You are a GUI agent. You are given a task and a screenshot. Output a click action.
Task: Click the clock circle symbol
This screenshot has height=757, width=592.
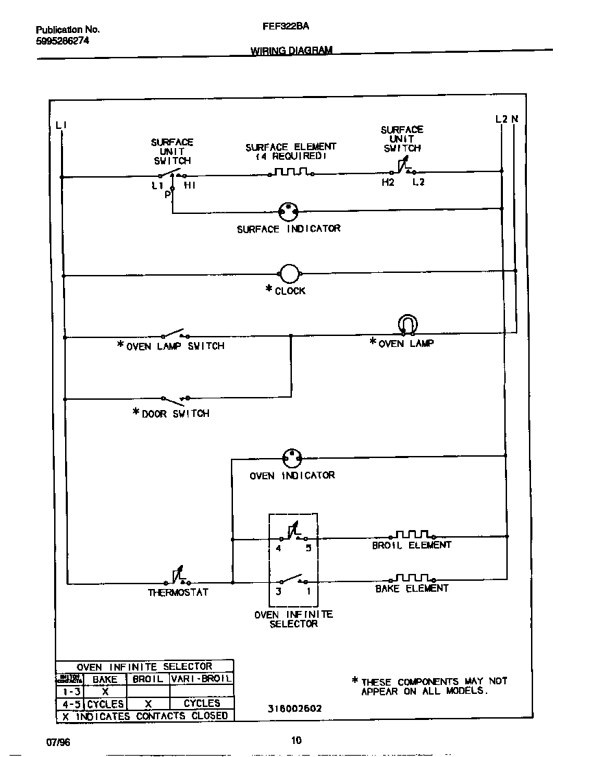point(290,274)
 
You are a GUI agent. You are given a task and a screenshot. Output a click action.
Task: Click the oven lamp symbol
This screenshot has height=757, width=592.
point(408,324)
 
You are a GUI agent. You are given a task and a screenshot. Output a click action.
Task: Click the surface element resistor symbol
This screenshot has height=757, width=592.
point(291,172)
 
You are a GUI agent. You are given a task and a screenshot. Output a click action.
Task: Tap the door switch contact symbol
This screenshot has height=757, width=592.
point(175,398)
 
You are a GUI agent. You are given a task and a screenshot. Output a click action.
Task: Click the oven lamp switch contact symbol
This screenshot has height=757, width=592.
point(175,336)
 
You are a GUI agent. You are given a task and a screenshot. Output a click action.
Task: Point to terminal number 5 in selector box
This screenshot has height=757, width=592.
point(308,548)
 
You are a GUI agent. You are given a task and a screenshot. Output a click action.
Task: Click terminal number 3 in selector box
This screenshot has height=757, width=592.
point(279,590)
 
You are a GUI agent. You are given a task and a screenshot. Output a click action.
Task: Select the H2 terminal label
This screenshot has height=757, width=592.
point(388,183)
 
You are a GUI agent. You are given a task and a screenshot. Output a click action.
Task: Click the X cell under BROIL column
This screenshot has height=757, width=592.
point(148,704)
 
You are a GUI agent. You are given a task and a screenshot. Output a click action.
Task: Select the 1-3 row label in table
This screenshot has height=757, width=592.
point(69,691)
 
